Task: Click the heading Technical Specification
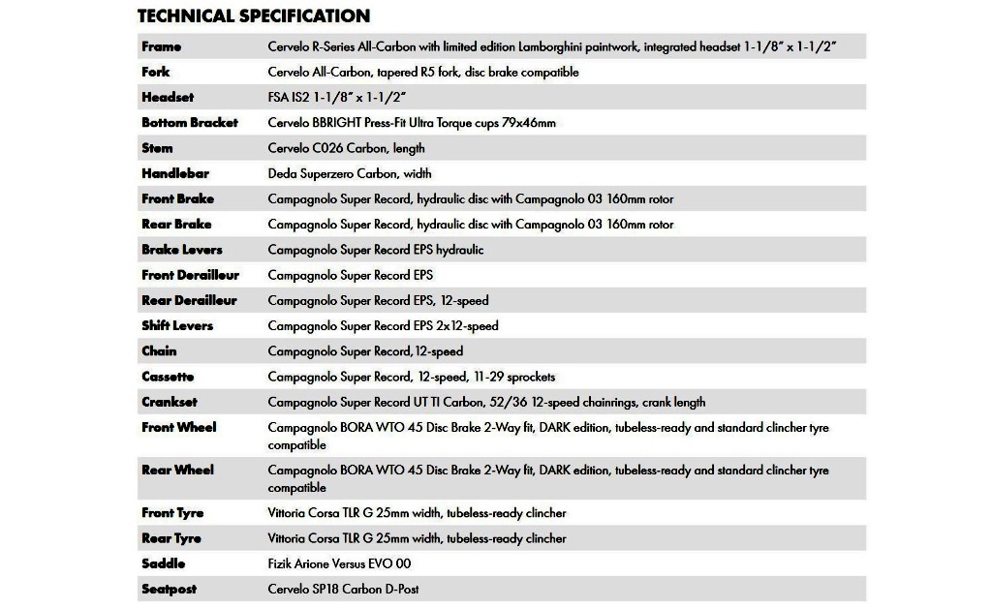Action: [x=254, y=15]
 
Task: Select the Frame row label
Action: [x=161, y=46]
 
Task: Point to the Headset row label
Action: [x=168, y=98]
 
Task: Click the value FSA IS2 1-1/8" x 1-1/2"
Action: [x=336, y=98]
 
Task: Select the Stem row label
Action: [x=157, y=148]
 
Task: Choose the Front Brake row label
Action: [x=178, y=198]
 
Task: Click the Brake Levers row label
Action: [x=182, y=250]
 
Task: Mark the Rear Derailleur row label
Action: [x=189, y=300]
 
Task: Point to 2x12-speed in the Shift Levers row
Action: [x=468, y=326]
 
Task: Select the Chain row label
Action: [x=159, y=351]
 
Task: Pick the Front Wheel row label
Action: [x=179, y=427]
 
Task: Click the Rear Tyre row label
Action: [x=171, y=538]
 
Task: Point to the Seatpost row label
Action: [x=170, y=589]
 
